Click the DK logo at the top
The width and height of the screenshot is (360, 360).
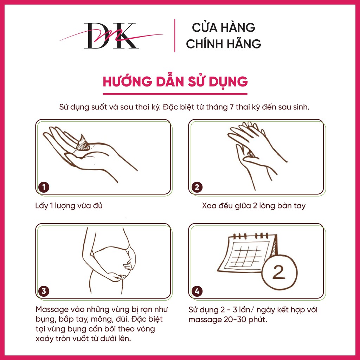tap(111, 36)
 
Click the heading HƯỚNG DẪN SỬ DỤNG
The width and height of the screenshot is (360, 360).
tap(175, 82)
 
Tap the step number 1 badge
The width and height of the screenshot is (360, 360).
tap(44, 187)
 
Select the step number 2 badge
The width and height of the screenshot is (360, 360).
tap(197, 187)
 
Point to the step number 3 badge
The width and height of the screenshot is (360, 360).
tap(44, 291)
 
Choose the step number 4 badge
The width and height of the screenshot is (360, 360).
tap(197, 291)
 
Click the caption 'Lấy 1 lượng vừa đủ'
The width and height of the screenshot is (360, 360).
tap(69, 206)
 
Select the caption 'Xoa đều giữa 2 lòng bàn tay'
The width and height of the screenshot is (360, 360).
tap(254, 206)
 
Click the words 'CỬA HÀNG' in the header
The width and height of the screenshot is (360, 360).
tap(223, 27)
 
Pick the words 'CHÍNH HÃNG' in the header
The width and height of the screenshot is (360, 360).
tap(223, 44)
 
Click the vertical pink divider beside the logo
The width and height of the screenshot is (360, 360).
tap(175, 36)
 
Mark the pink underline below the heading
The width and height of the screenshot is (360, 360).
tap(175, 94)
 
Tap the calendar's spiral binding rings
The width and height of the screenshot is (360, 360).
tap(251, 236)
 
